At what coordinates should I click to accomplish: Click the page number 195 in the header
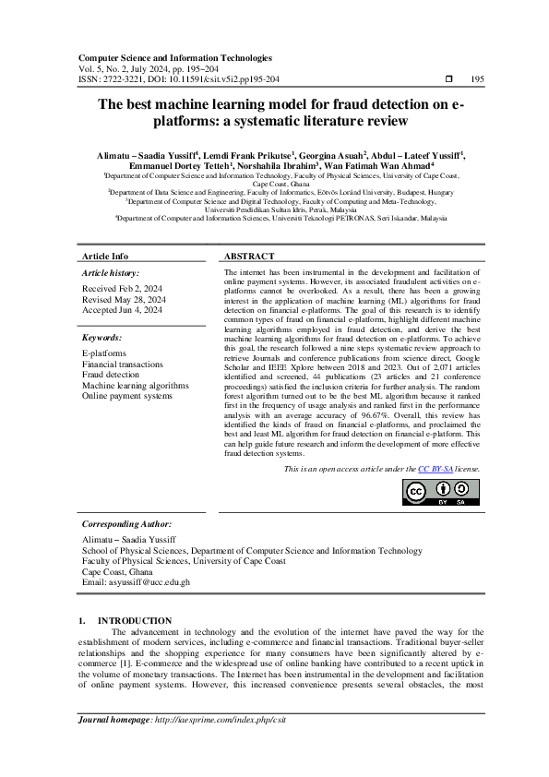coord(476,79)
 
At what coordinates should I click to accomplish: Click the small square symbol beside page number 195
coord(448,79)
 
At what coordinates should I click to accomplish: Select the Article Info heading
coord(105,257)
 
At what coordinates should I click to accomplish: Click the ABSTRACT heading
coord(249,257)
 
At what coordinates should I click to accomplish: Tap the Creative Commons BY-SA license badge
coord(441,494)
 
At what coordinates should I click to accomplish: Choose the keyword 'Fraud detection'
coord(111,376)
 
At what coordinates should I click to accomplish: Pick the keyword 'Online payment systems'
coord(127,396)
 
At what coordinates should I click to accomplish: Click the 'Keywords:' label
coord(102,339)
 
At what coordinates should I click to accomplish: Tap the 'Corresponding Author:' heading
coord(127,524)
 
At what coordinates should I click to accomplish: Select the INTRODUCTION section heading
coord(135,620)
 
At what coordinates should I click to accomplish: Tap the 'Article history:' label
coord(112,273)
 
